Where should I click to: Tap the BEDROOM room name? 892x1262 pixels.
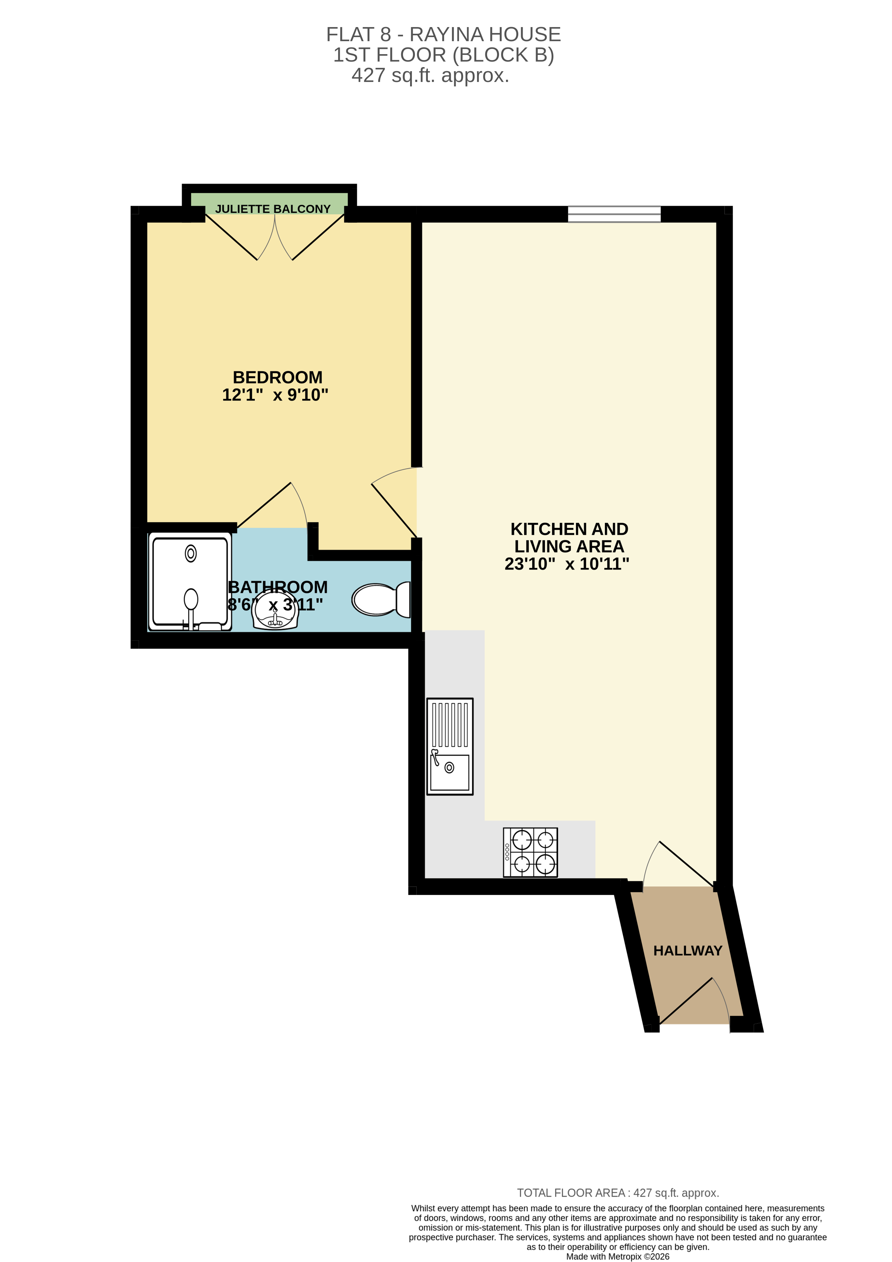pos(277,378)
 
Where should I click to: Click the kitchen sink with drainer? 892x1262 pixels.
pos(450,746)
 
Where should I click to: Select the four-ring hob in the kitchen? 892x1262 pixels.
pos(530,852)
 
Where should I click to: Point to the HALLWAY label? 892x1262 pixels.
pos(687,950)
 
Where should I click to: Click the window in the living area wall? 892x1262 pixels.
pos(614,214)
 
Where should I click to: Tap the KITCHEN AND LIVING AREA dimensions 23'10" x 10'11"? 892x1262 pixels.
pos(567,564)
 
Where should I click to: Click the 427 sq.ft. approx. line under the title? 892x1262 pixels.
pos(430,75)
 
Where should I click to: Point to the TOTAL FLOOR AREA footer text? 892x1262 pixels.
pos(618,1193)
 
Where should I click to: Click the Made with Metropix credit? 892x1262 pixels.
pos(618,1256)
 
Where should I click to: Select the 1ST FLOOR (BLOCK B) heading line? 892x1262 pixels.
pos(443,55)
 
